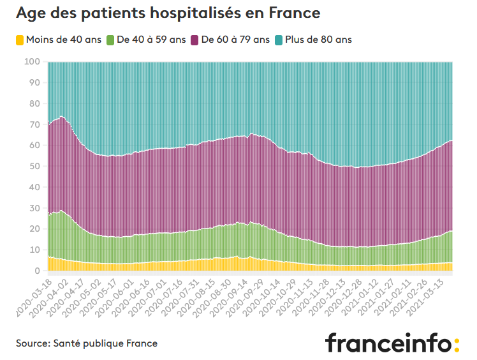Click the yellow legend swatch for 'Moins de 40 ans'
20,40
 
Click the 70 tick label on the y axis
35,124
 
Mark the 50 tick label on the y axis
35,167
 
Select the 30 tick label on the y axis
35,208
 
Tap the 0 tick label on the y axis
38,271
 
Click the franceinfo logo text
388,343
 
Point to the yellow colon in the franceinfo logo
456,345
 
